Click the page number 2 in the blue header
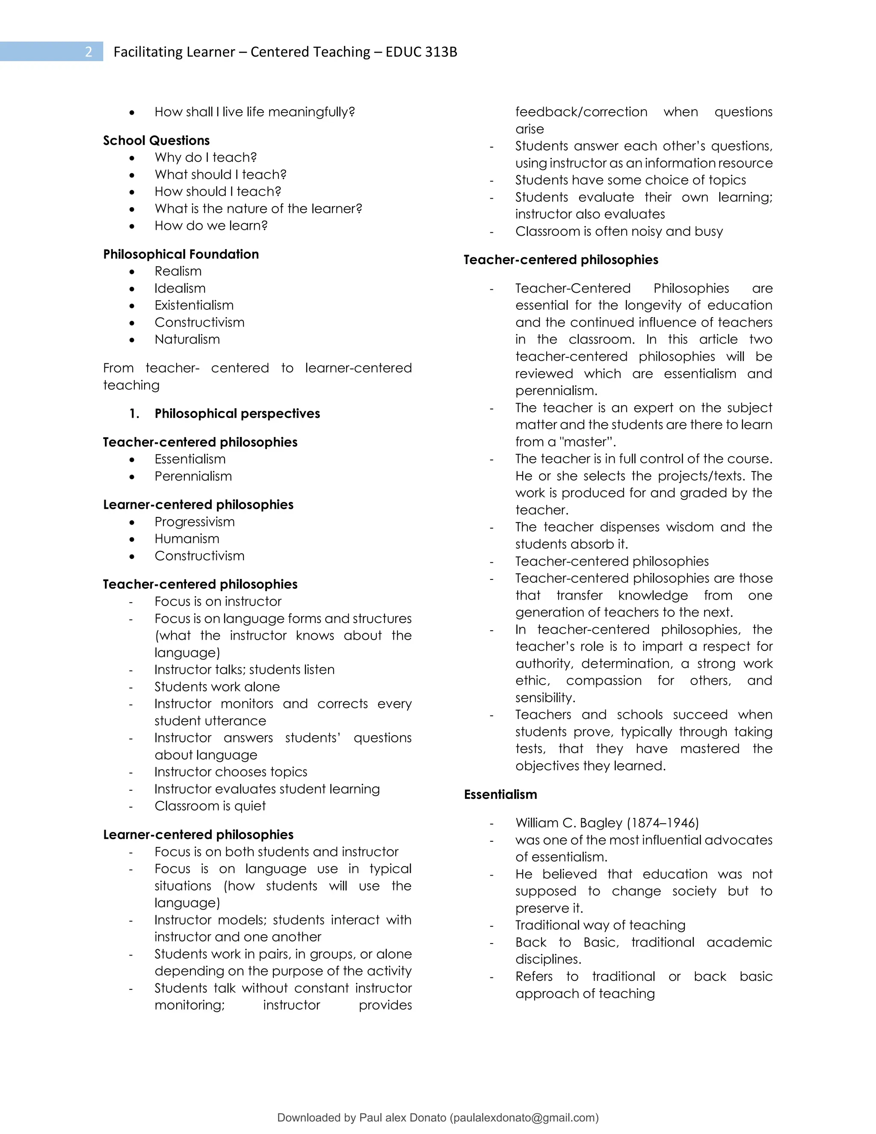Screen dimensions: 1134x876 click(x=89, y=52)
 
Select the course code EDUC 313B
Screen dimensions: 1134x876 click(x=421, y=52)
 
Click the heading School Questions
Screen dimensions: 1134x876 click(x=156, y=140)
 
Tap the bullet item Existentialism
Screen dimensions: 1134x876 click(x=194, y=305)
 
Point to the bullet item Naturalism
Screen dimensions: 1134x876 click(x=187, y=340)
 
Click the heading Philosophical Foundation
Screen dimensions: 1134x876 click(x=181, y=254)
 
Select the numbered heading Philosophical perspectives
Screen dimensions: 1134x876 click(x=237, y=413)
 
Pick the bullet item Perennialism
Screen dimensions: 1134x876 click(x=193, y=476)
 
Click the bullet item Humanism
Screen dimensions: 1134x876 click(x=187, y=539)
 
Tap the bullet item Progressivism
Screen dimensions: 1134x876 click(x=194, y=522)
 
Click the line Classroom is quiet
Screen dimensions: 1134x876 click(x=210, y=806)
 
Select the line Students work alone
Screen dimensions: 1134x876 click(x=217, y=687)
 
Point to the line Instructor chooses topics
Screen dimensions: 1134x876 click(x=231, y=772)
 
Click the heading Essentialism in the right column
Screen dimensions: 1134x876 click(x=500, y=794)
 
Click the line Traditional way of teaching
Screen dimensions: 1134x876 click(x=600, y=925)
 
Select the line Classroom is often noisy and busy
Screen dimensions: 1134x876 click(x=619, y=232)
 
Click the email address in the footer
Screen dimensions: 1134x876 click(x=524, y=1118)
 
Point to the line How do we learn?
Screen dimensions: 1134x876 click(x=211, y=226)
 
